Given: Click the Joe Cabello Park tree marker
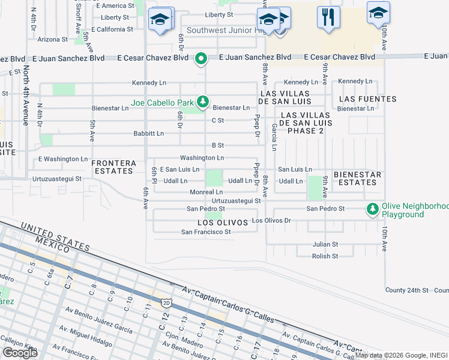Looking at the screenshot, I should click(x=203, y=100).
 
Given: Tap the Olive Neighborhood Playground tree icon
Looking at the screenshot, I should click(x=373, y=208).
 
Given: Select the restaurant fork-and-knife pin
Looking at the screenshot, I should click(x=327, y=17).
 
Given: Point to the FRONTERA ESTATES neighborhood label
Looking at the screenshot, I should click(x=113, y=167).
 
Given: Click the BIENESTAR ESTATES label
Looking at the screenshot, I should click(x=357, y=178).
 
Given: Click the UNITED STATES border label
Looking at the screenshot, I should click(x=55, y=237).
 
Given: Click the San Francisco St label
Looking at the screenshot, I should click(x=206, y=232).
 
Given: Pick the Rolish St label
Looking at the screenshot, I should click(x=325, y=256).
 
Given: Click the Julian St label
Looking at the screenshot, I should click(x=325, y=244).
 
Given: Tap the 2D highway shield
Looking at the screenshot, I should click(x=166, y=302).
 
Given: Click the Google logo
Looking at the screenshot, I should click(x=20, y=353).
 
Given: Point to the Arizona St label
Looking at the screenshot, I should click(x=52, y=39).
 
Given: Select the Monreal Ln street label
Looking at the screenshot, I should click(x=206, y=191).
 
